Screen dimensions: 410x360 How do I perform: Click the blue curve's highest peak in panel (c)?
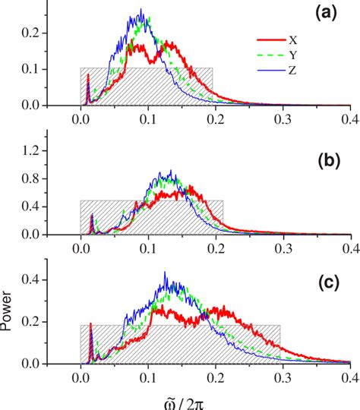pos(164,273)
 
